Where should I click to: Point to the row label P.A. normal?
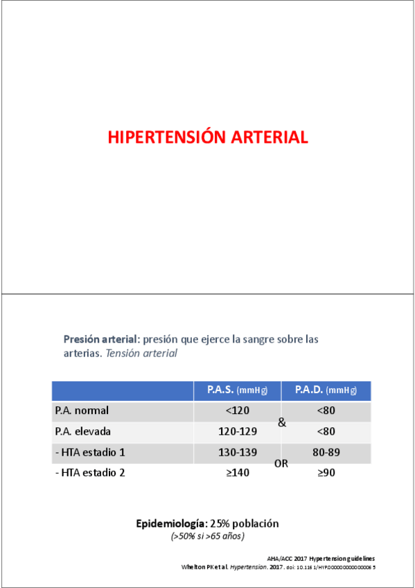coord(82,410)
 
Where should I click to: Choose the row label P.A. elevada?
coord(82,431)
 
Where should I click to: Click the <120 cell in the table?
coord(237,410)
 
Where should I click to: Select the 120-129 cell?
coord(237,431)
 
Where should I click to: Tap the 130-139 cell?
coord(237,452)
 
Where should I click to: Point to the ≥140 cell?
coord(237,473)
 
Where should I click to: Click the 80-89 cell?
coord(326,452)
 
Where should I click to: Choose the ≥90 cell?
coord(326,473)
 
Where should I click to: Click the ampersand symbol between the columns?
coord(281,421)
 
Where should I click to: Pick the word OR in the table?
coord(281,463)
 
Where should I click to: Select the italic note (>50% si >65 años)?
coord(207,536)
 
